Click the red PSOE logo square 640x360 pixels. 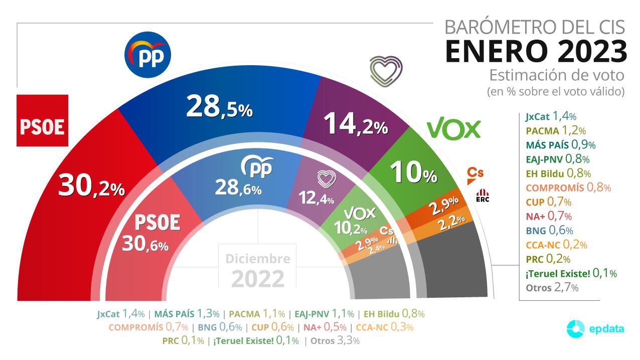click(42, 120)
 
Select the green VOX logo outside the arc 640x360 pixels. click(453, 129)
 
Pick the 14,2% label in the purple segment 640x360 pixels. click(356, 123)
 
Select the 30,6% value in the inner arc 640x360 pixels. click(145, 244)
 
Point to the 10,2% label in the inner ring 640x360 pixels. click(351, 229)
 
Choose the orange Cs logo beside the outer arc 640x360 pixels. click(475, 173)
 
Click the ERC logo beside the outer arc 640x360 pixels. click(482, 195)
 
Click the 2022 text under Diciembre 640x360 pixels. click(258, 278)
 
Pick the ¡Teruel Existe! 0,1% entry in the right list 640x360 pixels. click(571, 273)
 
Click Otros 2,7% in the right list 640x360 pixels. click(552, 288)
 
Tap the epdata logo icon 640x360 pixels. click(576, 329)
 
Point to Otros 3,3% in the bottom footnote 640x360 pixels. click(335, 341)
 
